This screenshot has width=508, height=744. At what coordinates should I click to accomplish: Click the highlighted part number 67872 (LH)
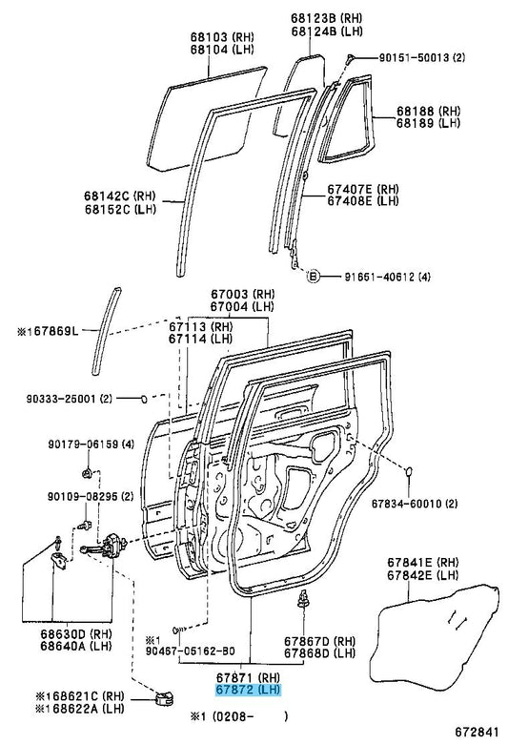click(x=248, y=690)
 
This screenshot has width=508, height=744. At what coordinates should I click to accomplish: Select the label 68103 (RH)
click(x=222, y=36)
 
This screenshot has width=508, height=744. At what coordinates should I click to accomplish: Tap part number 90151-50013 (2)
click(x=421, y=57)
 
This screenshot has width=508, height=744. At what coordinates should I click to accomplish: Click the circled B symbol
click(x=312, y=276)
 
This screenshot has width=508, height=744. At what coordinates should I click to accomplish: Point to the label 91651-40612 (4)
click(x=387, y=277)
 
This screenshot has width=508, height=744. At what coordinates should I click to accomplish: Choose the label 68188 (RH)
click(x=428, y=111)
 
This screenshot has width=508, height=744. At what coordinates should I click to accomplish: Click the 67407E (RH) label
click(x=363, y=189)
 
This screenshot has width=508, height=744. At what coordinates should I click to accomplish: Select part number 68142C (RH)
click(x=120, y=196)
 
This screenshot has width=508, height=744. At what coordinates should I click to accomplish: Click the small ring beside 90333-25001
click(x=144, y=399)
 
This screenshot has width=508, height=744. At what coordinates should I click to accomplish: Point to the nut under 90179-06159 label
click(x=87, y=472)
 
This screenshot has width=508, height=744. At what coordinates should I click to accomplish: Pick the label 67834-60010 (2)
click(x=414, y=503)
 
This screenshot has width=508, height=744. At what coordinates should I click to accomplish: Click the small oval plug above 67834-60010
click(x=409, y=470)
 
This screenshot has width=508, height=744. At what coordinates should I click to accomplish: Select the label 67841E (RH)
click(x=423, y=562)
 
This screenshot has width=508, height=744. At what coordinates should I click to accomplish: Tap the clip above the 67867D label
click(x=303, y=599)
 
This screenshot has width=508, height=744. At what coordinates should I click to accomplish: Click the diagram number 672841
click(x=477, y=733)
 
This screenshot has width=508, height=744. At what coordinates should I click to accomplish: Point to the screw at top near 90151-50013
click(x=350, y=59)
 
